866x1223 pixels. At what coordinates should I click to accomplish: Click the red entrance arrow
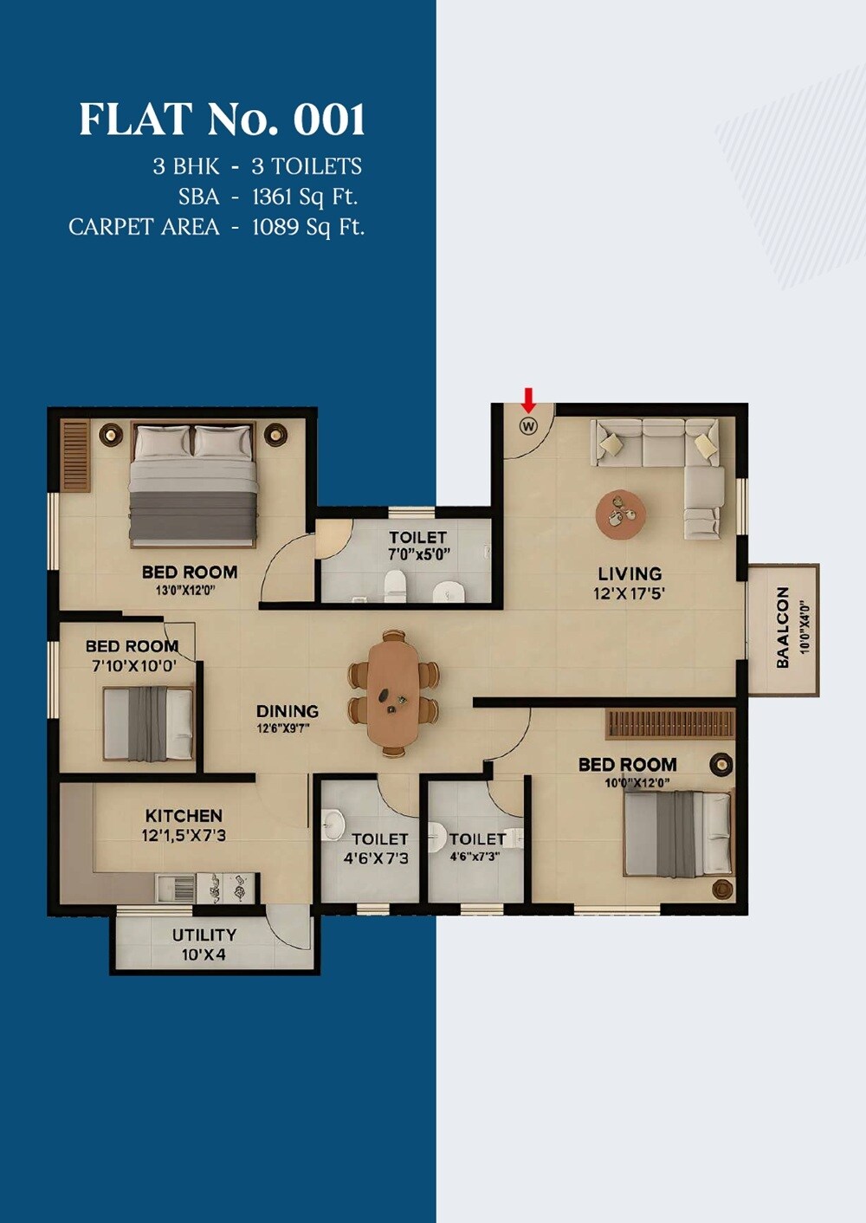point(528,398)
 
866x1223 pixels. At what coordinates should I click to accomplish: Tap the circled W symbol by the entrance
point(528,426)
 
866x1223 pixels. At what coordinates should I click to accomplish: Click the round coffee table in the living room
point(620,514)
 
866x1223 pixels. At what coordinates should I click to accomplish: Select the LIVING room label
point(630,573)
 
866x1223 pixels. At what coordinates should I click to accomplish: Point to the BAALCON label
point(783,627)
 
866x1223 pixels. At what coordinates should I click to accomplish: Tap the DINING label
point(288,711)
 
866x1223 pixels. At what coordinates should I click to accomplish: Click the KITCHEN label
point(184,816)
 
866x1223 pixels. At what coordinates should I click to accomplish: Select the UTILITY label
point(204,935)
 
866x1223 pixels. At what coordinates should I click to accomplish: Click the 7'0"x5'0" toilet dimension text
point(419,554)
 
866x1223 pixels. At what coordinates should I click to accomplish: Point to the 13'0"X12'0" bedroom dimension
point(184,591)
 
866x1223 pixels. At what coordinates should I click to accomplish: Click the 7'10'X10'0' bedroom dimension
point(134,666)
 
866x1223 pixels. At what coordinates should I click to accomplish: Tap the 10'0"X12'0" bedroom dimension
point(637,783)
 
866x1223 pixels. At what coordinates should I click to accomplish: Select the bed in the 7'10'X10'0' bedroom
point(148,723)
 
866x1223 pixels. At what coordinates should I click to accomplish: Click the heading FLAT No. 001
point(222,120)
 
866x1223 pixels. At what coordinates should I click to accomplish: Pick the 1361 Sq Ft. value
point(305,197)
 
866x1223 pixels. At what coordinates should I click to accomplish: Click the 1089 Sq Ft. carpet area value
point(308,228)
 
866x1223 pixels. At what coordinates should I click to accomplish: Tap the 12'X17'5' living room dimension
point(629,594)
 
